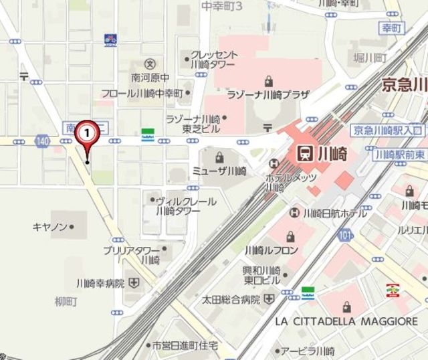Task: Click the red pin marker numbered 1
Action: [87, 134]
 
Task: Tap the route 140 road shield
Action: [43, 141]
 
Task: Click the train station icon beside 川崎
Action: [304, 153]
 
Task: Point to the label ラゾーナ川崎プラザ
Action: [267, 95]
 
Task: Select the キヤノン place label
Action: [50, 227]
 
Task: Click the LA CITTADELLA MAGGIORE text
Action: [346, 322]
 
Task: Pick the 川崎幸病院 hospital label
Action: [100, 283]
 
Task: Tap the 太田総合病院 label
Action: [231, 298]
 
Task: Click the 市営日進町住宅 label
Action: [185, 345]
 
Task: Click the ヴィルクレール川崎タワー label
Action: [186, 205]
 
